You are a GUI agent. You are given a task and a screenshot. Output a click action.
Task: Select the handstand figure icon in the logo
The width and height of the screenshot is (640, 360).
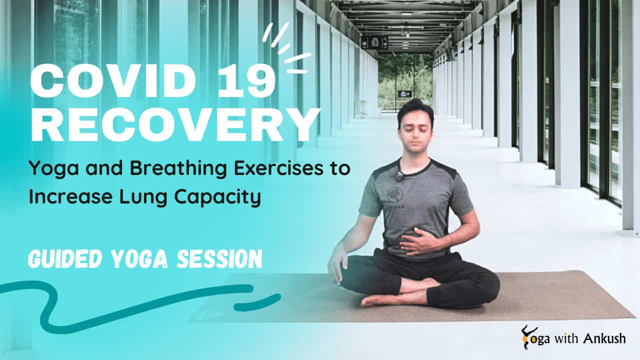526,336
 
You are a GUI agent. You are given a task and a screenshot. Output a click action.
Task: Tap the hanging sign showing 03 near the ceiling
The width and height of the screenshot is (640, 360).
374,42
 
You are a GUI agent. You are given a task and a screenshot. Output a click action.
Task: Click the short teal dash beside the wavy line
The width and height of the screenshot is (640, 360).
257,302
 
